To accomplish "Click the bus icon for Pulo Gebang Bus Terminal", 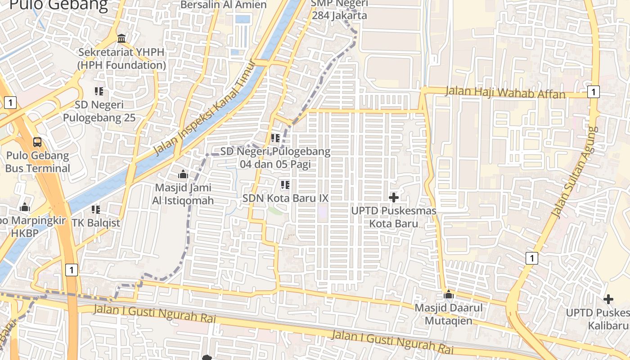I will pos(37,142).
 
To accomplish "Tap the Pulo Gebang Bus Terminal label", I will pos(38,162).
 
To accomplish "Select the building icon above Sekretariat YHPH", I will pos(121,39).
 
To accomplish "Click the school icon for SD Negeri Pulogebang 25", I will pos(99,91).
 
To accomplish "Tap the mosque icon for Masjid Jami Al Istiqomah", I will pos(183,174).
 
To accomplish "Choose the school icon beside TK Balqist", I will pos(96,209).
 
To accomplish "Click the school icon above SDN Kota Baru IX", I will pos(285,184).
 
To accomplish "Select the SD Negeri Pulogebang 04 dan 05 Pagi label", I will pos(275,158).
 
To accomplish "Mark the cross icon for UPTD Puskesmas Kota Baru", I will pos(394,197).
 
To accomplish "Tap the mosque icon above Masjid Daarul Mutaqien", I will pos(448,295).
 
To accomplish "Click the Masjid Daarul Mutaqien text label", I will pos(448,314).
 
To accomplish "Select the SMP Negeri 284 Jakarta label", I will pos(340,9).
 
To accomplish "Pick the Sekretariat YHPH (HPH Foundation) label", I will pos(121,58).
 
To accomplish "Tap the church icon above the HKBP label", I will pos(25,207).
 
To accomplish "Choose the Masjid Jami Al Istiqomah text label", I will pos(184,194).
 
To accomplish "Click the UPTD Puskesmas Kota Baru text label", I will pos(394,217).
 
